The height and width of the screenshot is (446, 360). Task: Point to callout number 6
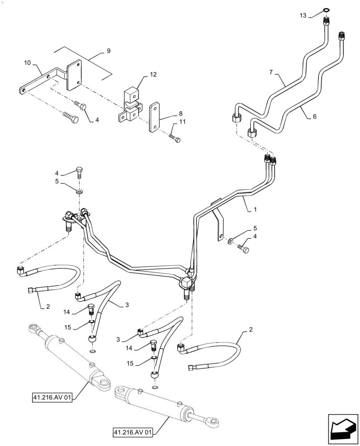coord(315,116)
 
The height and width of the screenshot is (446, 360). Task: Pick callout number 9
coord(108,51)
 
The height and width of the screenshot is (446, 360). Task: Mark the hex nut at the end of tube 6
coord(252,132)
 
